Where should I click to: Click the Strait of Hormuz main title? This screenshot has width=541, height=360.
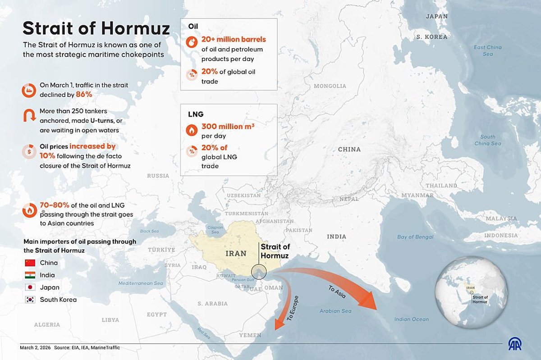click(96, 28)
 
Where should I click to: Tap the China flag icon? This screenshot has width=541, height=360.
click(30, 263)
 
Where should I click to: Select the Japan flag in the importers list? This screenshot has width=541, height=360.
click(30, 287)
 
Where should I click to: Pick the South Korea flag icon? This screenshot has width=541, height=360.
click(30, 300)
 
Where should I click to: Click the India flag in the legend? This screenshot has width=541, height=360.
click(30, 275)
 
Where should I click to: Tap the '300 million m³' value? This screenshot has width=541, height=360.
click(228, 127)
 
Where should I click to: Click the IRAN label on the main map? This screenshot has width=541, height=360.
click(236, 254)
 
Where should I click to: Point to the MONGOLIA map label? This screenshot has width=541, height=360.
click(330, 86)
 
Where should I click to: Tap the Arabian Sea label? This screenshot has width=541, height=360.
click(335, 311)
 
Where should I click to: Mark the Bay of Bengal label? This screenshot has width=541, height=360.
click(415, 237)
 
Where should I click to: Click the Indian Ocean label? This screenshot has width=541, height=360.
click(412, 319)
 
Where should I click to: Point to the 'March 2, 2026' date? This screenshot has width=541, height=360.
click(35, 348)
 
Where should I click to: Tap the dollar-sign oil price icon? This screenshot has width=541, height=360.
click(29, 152)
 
